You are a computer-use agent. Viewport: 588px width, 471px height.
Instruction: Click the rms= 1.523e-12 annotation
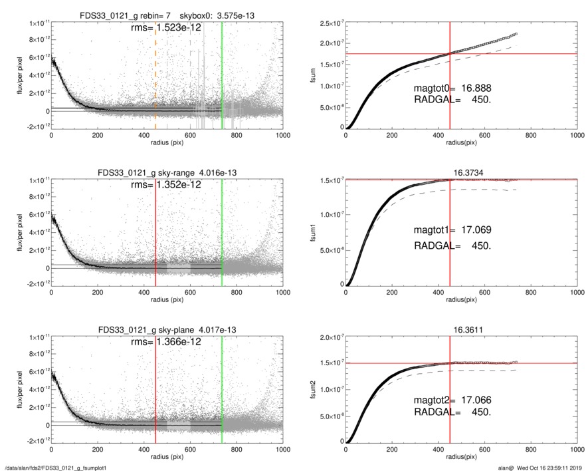point(167,29)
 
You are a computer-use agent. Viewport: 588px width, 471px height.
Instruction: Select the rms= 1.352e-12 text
point(167,186)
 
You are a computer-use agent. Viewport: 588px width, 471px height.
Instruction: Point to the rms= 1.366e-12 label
point(167,342)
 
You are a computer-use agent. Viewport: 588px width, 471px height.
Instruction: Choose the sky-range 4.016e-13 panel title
point(167,172)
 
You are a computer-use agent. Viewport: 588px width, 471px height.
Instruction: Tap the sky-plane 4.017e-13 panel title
point(167,329)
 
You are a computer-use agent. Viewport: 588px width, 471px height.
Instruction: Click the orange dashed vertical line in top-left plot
point(155,73)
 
